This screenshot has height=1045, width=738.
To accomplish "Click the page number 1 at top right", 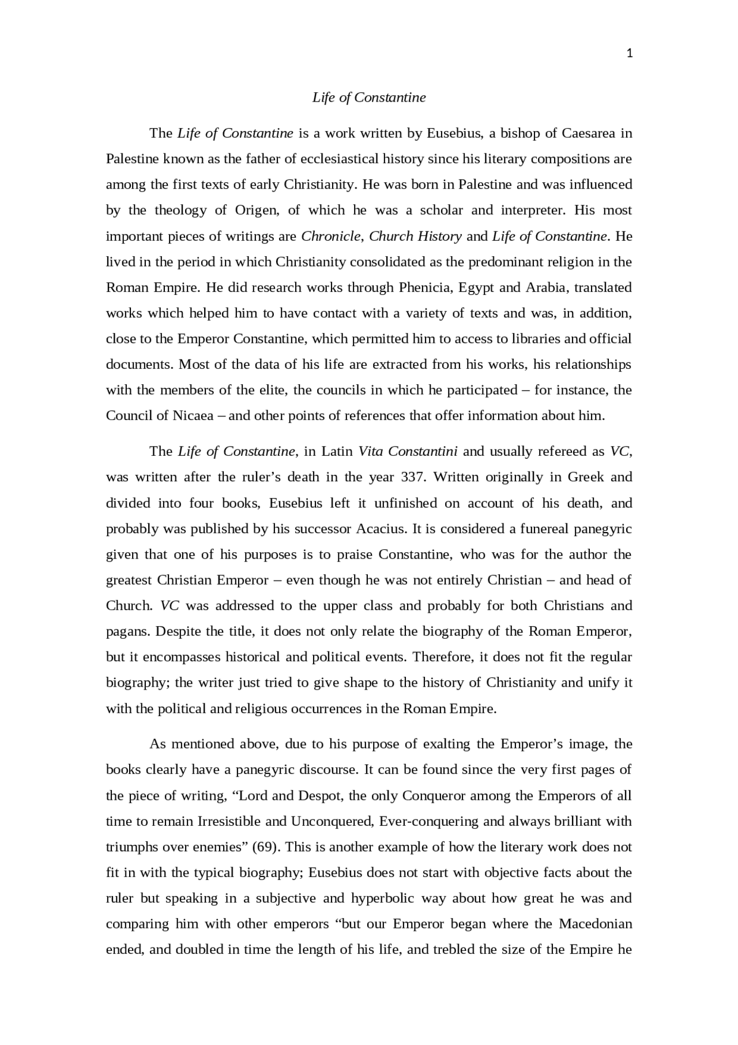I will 629,54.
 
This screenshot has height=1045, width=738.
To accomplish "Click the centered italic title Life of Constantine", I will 369,98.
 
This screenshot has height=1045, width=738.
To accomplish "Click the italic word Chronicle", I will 332,236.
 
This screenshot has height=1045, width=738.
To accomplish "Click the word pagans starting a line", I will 127,631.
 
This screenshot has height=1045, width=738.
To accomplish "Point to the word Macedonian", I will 596,924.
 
